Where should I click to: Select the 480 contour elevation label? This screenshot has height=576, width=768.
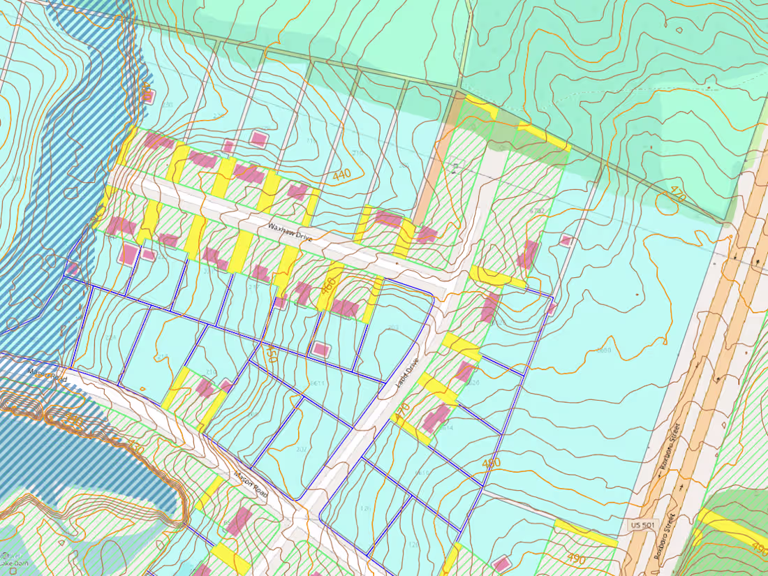pyautogui.click(x=492, y=464)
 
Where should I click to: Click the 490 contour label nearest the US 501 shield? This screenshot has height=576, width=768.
pyautogui.click(x=576, y=559)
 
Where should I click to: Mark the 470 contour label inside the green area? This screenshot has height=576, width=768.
pyautogui.click(x=677, y=195)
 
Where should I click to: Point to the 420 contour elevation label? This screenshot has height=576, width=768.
pyautogui.click(x=147, y=91)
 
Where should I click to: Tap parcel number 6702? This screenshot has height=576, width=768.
pyautogui.click(x=536, y=210)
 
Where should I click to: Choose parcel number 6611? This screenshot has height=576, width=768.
pyautogui.click(x=317, y=384)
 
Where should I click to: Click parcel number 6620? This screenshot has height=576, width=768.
pyautogui.click(x=472, y=383)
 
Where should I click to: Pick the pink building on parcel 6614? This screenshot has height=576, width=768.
pyautogui.click(x=436, y=418)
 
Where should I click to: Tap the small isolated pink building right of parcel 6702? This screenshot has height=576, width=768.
pyautogui.click(x=566, y=240)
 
